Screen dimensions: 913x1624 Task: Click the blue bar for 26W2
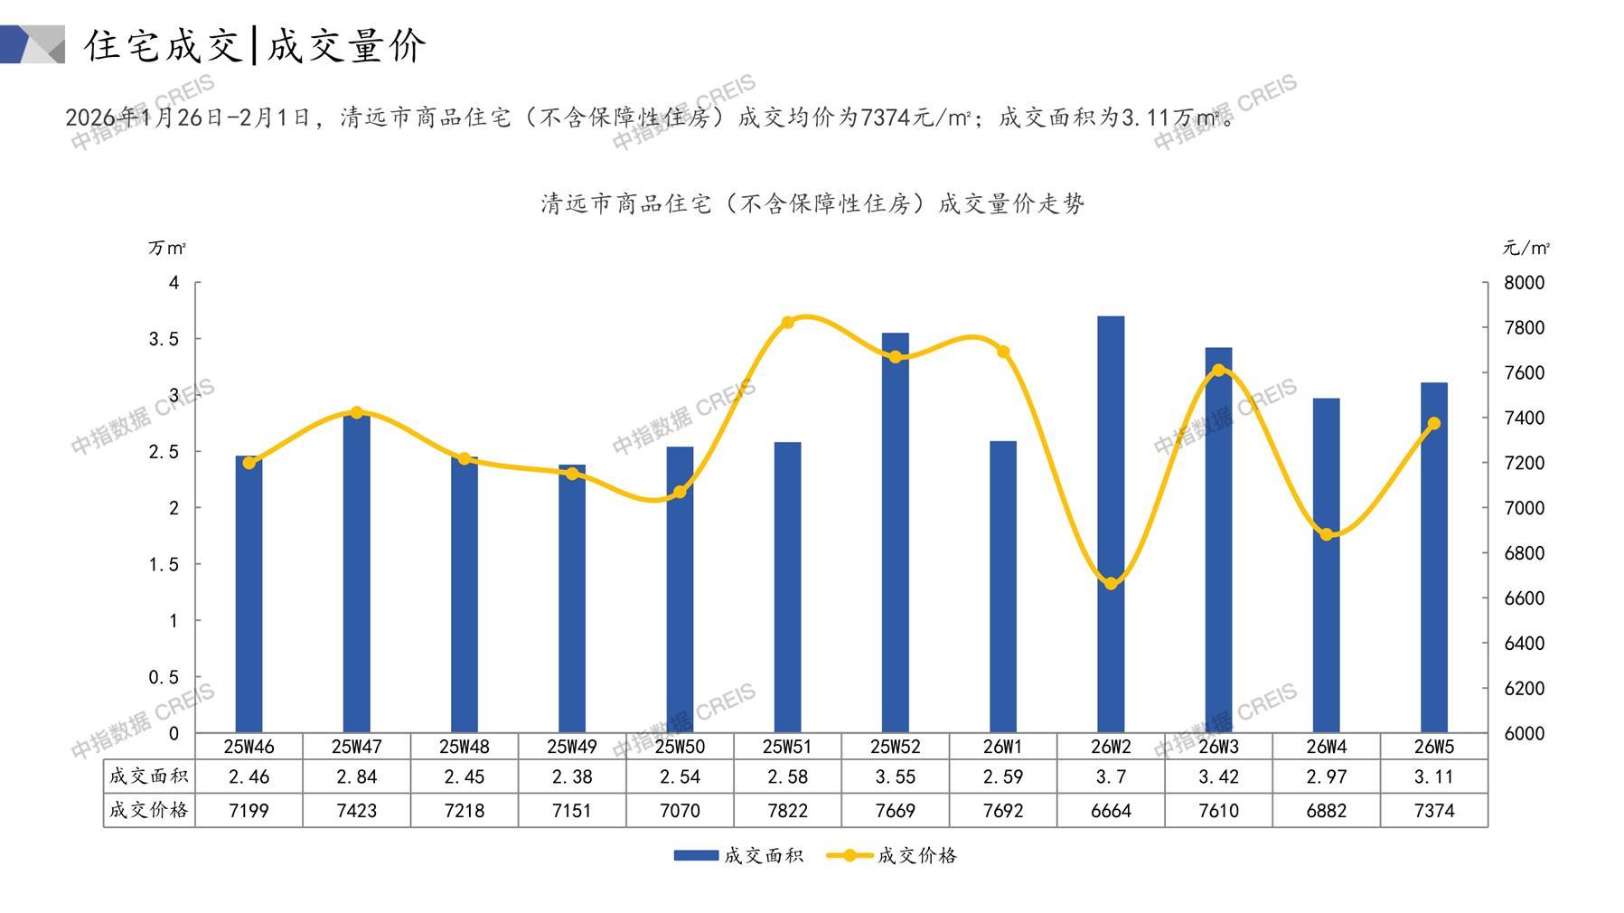(1111, 524)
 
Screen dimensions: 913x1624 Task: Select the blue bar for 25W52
(895, 533)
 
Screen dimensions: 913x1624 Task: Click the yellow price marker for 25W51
(787, 323)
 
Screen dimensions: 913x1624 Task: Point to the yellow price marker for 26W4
(1326, 534)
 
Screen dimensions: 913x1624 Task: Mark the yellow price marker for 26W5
(1433, 424)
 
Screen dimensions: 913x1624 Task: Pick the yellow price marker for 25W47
(356, 413)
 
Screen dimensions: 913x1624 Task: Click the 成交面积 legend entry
(738, 855)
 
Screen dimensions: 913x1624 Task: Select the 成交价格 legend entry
(892, 855)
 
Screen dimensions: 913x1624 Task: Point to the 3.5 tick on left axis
(164, 339)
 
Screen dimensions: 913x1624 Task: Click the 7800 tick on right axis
(1524, 327)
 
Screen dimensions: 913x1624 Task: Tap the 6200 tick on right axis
(1524, 688)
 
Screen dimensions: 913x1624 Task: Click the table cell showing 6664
(1111, 811)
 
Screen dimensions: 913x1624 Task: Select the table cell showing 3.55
(895, 777)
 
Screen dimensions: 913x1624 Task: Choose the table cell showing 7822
(787, 811)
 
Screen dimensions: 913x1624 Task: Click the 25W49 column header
(572, 747)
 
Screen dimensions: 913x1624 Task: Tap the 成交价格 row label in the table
(149, 810)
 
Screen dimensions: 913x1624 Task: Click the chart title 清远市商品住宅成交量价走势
(812, 203)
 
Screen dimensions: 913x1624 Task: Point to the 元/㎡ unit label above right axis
(1525, 248)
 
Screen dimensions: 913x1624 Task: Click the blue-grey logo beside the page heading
(33, 44)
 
